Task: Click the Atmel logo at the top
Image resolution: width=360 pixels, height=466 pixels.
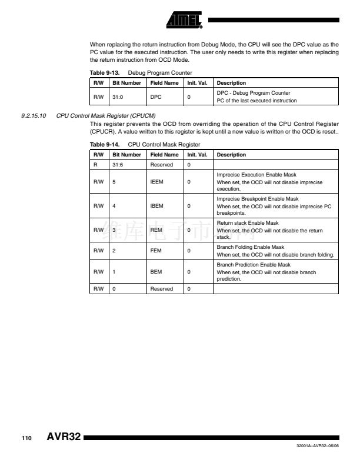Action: (x=184, y=20)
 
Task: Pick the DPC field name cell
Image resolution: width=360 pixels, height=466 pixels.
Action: (x=156, y=96)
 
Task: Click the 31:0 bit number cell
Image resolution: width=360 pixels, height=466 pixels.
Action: (x=118, y=96)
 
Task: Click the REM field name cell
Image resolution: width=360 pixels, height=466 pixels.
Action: (x=156, y=230)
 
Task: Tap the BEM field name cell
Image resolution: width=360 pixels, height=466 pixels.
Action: (x=156, y=272)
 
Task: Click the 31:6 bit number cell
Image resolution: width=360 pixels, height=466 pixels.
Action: (x=118, y=165)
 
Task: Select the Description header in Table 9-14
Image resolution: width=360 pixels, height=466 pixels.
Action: (x=231, y=155)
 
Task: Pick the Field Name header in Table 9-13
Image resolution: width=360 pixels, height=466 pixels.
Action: (x=164, y=83)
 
